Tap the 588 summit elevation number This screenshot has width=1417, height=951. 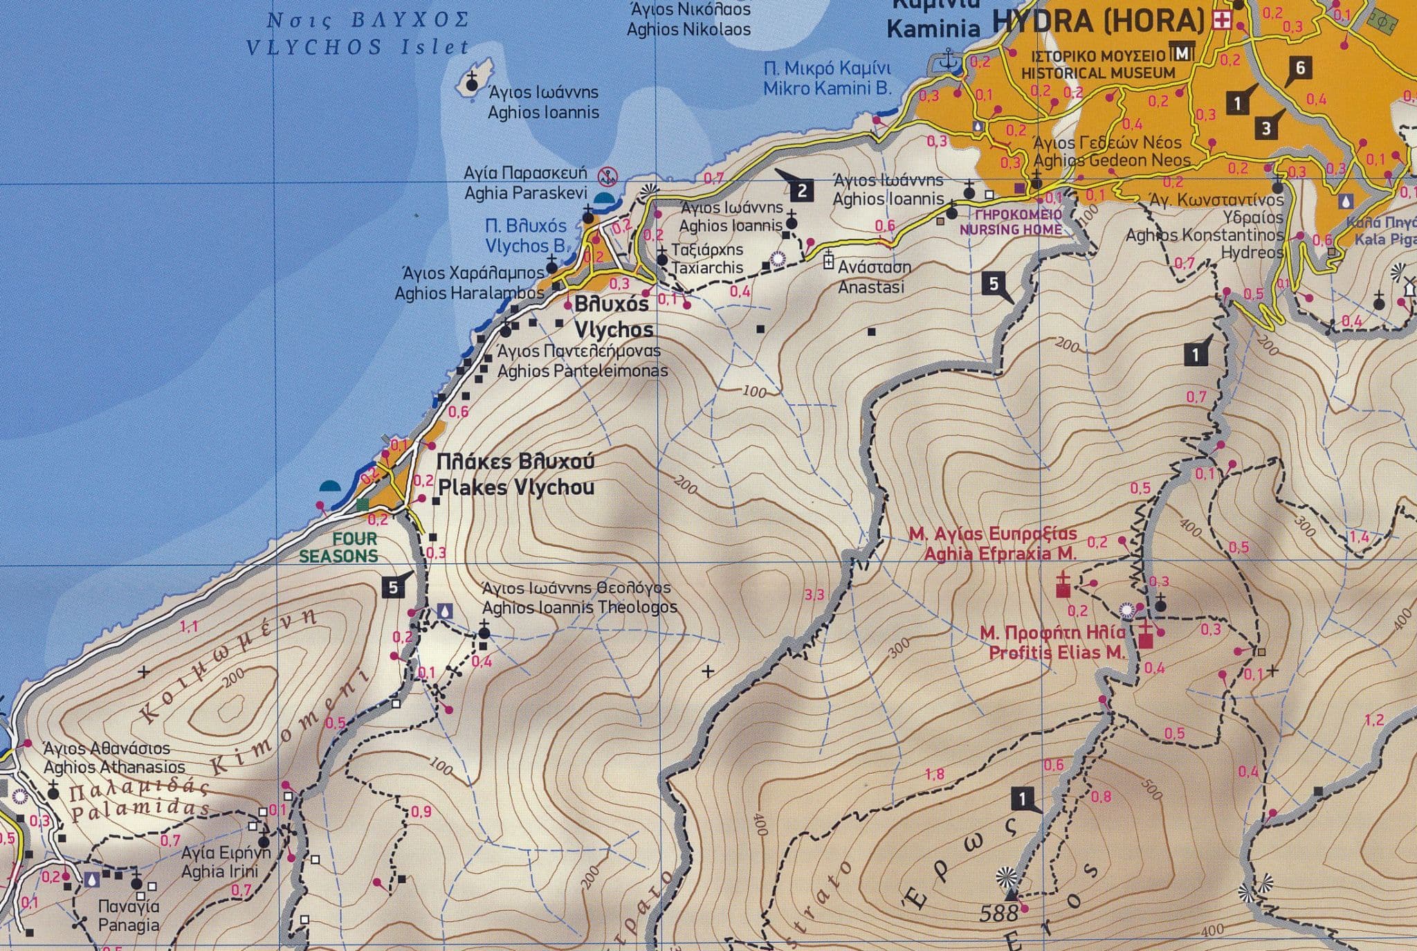pos(999,914)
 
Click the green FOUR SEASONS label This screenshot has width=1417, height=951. pos(338,547)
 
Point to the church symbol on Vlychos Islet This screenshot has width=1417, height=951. pos(473,83)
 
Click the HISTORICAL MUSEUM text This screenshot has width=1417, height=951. pos(1098,72)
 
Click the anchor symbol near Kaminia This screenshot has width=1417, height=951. pos(949,57)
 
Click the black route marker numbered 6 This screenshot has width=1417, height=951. pos(1299,68)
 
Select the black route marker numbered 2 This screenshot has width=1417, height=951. pos(801,190)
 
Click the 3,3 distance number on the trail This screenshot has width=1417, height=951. pos(814,594)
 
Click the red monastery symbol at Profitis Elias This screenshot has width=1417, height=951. pos(1145,637)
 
